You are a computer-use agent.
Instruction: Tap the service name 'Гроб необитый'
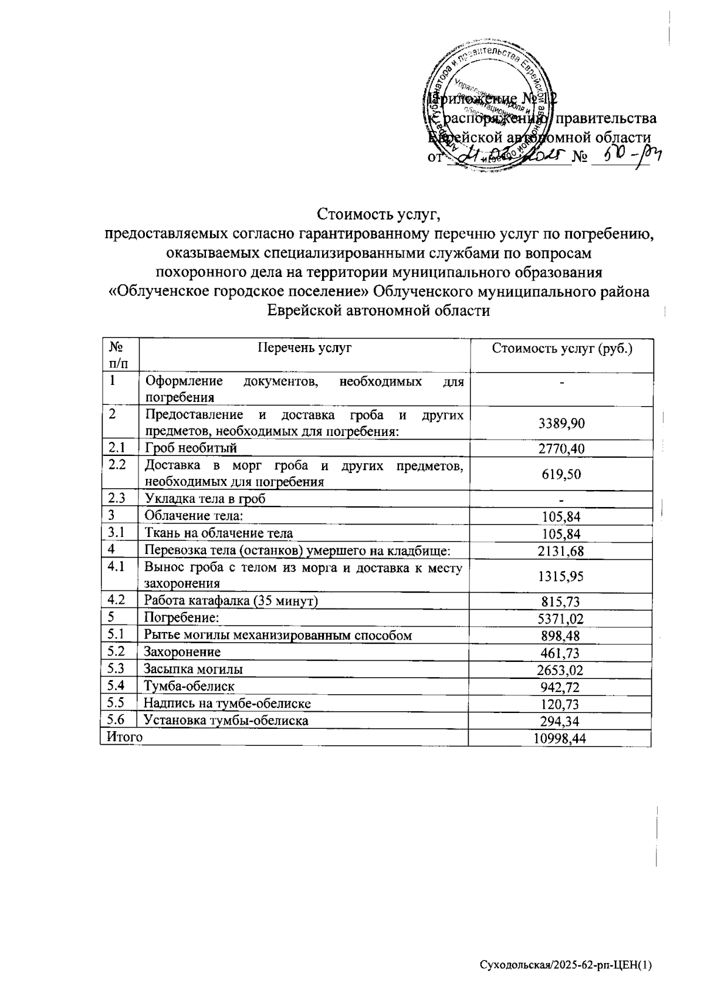coord(191,448)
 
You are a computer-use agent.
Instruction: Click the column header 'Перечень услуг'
coord(304,348)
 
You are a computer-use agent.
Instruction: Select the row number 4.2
coord(117,600)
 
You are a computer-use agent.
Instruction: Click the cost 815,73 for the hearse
coord(560,601)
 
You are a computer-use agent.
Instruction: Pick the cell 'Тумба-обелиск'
coord(189,685)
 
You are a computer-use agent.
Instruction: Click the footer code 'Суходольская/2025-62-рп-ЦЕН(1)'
coord(566,965)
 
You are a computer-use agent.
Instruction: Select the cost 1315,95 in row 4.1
coord(560,576)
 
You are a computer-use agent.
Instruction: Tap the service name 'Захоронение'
coord(182,651)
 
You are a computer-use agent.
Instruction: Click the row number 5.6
coord(117,719)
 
